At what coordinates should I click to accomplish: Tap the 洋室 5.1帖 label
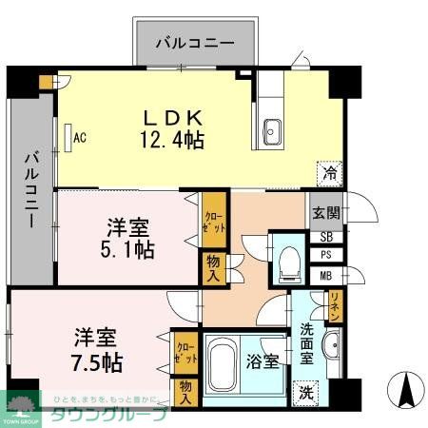tap(129, 239)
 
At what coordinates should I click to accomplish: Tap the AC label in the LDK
tap(81, 137)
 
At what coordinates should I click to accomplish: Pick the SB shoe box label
tap(326, 237)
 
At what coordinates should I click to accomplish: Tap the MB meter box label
tap(326, 277)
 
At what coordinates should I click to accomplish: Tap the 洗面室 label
tap(306, 341)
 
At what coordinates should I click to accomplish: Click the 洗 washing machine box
tap(304, 390)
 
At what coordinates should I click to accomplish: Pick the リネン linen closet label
tap(335, 306)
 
